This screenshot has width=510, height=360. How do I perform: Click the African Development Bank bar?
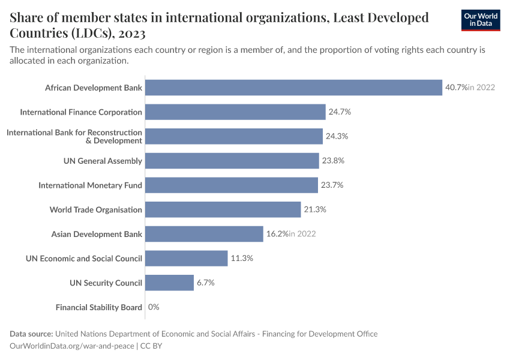[293, 88]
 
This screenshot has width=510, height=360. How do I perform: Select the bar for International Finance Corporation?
[235, 112]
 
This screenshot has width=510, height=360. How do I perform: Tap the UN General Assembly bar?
[232, 161]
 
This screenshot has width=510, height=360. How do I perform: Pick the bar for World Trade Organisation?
[223, 209]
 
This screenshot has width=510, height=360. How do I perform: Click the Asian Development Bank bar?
[204, 234]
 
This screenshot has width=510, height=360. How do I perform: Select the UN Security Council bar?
[169, 283]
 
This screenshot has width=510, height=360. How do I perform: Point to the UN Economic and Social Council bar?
[187, 259]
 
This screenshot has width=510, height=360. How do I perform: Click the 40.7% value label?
[456, 88]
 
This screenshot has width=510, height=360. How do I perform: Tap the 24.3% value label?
[337, 136]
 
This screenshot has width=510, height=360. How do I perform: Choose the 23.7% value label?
[332, 185]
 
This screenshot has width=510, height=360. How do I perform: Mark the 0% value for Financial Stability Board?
[154, 307]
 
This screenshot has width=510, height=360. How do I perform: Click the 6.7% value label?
[205, 283]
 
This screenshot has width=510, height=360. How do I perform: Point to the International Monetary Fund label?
[90, 185]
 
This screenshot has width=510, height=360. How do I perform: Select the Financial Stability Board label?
[99, 307]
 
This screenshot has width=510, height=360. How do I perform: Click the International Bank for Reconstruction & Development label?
[74, 136]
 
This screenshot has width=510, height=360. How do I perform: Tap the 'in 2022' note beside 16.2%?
[302, 234]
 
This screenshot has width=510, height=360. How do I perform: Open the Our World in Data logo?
[481, 20]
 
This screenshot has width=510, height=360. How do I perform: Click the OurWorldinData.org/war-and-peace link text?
[72, 346]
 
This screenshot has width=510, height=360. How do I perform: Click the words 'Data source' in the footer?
[31, 334]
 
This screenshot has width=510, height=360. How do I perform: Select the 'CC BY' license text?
[151, 346]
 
